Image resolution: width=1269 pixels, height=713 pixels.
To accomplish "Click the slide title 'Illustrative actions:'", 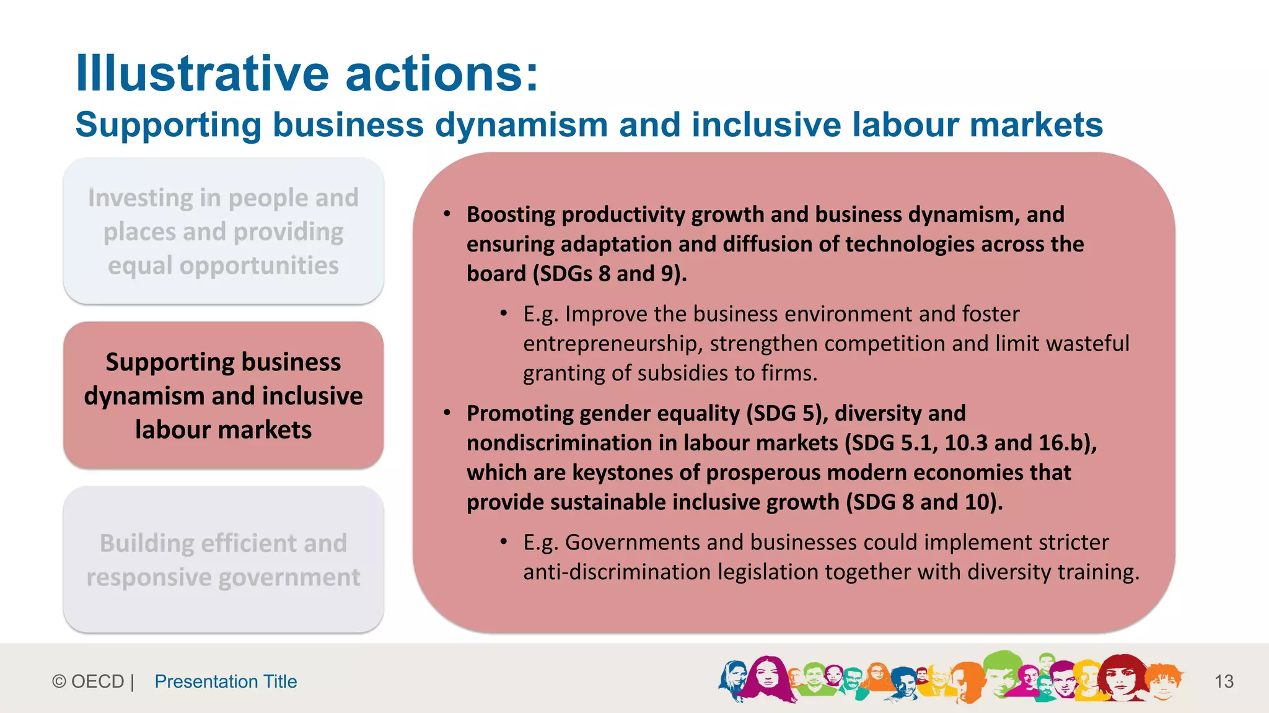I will pyautogui.click(x=307, y=73).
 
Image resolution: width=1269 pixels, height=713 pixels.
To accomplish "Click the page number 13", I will pyautogui.click(x=1224, y=681).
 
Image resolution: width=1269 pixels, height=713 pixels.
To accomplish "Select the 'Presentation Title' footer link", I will pyautogui.click(x=226, y=681).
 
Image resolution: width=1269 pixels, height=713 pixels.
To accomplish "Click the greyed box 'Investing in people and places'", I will pyautogui.click(x=223, y=231).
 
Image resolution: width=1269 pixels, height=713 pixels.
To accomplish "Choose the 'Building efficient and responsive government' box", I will pyautogui.click(x=223, y=560).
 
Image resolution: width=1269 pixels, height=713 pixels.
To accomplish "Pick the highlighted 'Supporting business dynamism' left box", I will pyautogui.click(x=223, y=395).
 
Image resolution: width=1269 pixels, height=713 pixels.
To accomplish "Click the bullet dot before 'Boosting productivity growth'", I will pyautogui.click(x=447, y=214).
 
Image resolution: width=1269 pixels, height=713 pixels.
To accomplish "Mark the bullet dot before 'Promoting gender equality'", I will pyautogui.click(x=447, y=413).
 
